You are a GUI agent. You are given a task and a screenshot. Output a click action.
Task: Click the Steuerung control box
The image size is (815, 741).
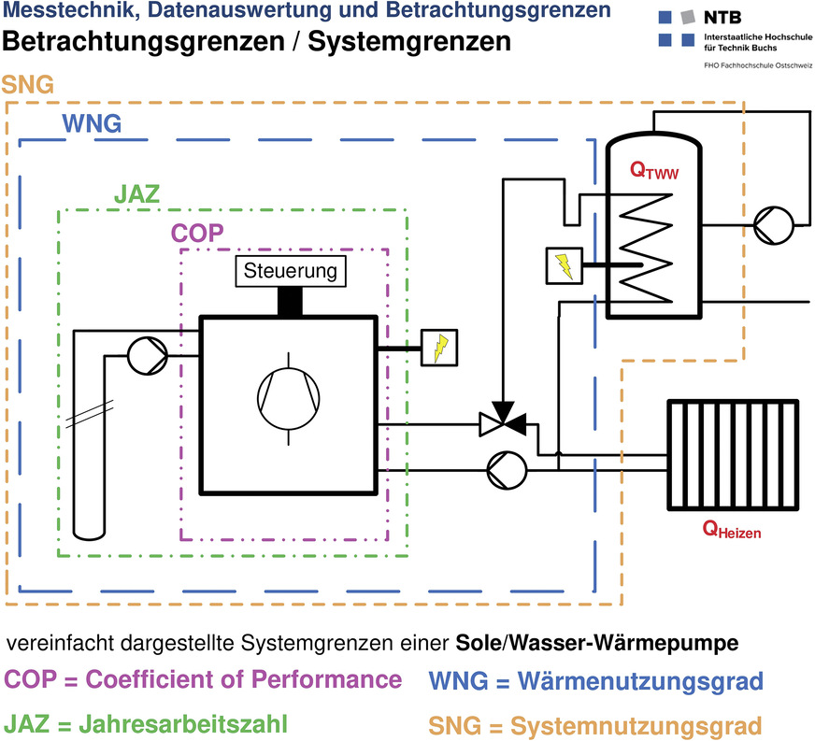[289, 272]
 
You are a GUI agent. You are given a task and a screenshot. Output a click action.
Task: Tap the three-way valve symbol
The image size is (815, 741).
[503, 423]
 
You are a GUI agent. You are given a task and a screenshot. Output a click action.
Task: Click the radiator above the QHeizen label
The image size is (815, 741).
[734, 455]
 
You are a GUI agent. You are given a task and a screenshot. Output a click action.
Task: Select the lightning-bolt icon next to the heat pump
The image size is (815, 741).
[435, 348]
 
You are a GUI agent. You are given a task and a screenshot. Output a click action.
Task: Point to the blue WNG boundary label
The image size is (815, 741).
[91, 123]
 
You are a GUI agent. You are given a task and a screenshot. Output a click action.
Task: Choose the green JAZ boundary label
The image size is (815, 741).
[136, 195]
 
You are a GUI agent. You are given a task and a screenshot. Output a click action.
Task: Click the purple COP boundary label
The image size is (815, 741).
[196, 234]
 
